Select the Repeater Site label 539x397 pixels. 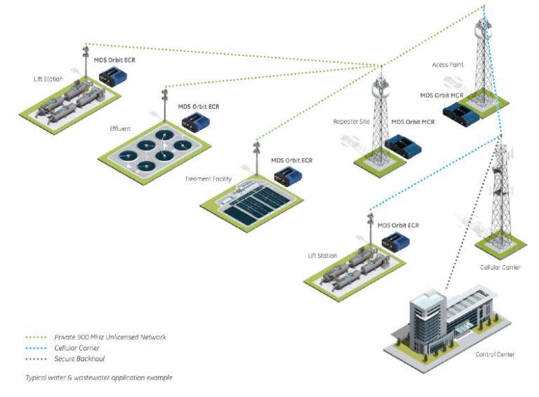pos(351,122)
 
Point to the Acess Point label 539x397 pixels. pos(448,65)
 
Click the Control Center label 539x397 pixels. pos(495,354)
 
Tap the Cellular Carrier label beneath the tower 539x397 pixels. pos(500,268)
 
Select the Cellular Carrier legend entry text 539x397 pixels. pos(76,348)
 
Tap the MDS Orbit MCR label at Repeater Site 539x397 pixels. pos(412,122)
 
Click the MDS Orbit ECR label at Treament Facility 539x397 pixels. pos(292,160)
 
